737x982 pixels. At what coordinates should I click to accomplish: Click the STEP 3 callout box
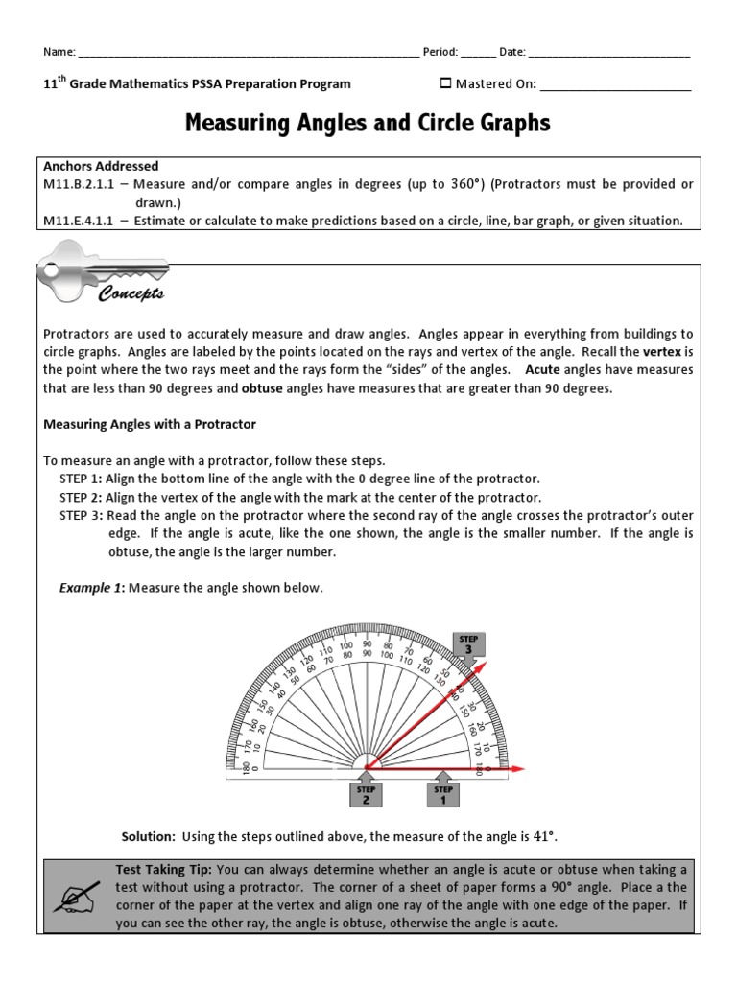[x=467, y=643]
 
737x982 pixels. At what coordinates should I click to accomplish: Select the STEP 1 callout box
[x=442, y=795]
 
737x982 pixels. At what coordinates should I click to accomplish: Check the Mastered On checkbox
[x=444, y=83]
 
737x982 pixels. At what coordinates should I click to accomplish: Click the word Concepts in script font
[x=131, y=294]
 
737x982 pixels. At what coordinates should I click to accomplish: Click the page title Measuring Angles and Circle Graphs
[x=368, y=124]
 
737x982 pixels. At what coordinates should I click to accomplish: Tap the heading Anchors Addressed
[x=101, y=166]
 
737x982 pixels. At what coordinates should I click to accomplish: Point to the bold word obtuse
[x=262, y=388]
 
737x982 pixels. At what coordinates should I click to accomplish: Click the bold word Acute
[x=542, y=370]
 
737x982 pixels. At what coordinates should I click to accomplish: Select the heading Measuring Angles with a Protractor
[x=150, y=424]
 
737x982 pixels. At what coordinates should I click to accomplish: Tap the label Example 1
[x=91, y=588]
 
